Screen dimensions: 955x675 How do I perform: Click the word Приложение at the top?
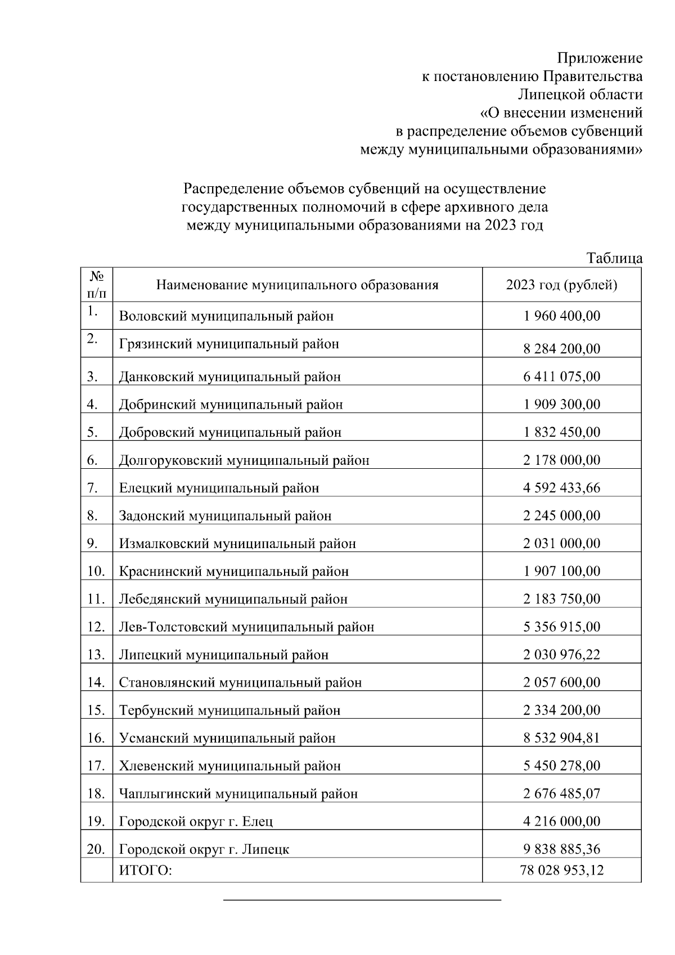(x=600, y=58)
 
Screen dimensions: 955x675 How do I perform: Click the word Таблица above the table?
(x=614, y=258)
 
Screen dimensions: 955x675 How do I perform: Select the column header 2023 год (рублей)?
(x=561, y=285)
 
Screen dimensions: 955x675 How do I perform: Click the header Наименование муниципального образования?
(x=297, y=285)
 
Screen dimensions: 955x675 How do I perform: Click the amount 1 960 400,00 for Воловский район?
(x=561, y=316)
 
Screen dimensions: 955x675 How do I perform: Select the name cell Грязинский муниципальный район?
(x=229, y=343)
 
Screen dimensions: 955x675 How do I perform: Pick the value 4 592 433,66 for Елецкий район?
(x=561, y=487)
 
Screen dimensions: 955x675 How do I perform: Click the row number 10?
(x=96, y=571)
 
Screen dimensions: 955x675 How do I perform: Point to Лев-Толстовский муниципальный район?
(x=246, y=627)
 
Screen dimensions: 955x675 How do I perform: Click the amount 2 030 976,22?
(x=561, y=654)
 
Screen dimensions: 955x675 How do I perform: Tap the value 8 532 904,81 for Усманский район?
(x=561, y=738)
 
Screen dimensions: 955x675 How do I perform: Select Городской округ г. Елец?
(x=196, y=822)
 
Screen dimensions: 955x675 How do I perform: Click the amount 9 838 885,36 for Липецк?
(x=561, y=849)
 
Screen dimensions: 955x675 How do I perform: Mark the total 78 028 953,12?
(x=561, y=871)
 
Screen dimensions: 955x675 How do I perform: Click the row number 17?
(x=96, y=766)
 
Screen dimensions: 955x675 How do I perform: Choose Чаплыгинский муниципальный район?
(x=238, y=794)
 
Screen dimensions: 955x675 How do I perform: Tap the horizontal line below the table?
(x=362, y=900)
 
